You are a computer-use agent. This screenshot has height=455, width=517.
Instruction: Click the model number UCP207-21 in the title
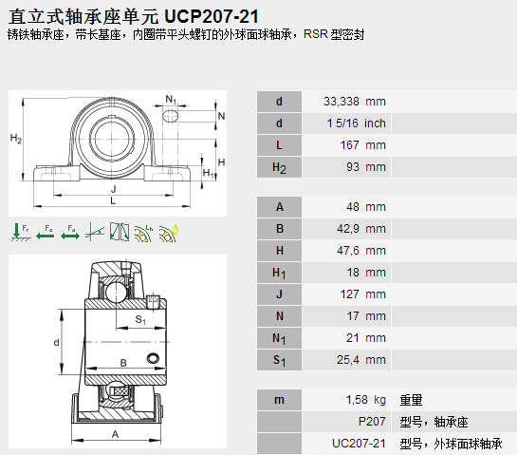(212, 16)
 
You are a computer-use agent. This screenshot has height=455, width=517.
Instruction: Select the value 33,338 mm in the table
(355, 102)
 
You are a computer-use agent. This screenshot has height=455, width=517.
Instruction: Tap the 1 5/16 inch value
(356, 123)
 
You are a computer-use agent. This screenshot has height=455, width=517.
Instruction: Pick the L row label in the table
(279, 145)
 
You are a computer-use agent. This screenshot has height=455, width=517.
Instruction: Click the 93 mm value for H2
(366, 167)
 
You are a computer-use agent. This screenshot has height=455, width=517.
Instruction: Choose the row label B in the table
(280, 229)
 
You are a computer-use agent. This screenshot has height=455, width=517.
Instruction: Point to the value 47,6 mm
(361, 250)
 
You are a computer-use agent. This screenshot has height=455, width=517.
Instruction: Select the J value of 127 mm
(362, 294)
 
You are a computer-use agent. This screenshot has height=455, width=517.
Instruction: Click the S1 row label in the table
(279, 360)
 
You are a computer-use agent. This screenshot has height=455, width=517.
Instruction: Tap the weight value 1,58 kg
(365, 400)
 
